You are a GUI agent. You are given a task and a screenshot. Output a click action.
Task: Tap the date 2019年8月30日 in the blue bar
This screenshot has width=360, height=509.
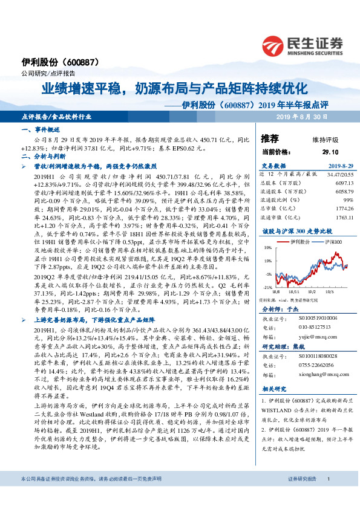click(302, 116)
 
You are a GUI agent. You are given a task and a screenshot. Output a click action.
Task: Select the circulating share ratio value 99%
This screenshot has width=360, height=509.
click(339, 199)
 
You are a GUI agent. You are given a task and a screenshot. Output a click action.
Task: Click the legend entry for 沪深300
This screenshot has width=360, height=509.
click(322, 241)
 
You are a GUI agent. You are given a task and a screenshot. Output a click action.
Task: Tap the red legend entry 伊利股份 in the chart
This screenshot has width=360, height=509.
click(298, 241)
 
